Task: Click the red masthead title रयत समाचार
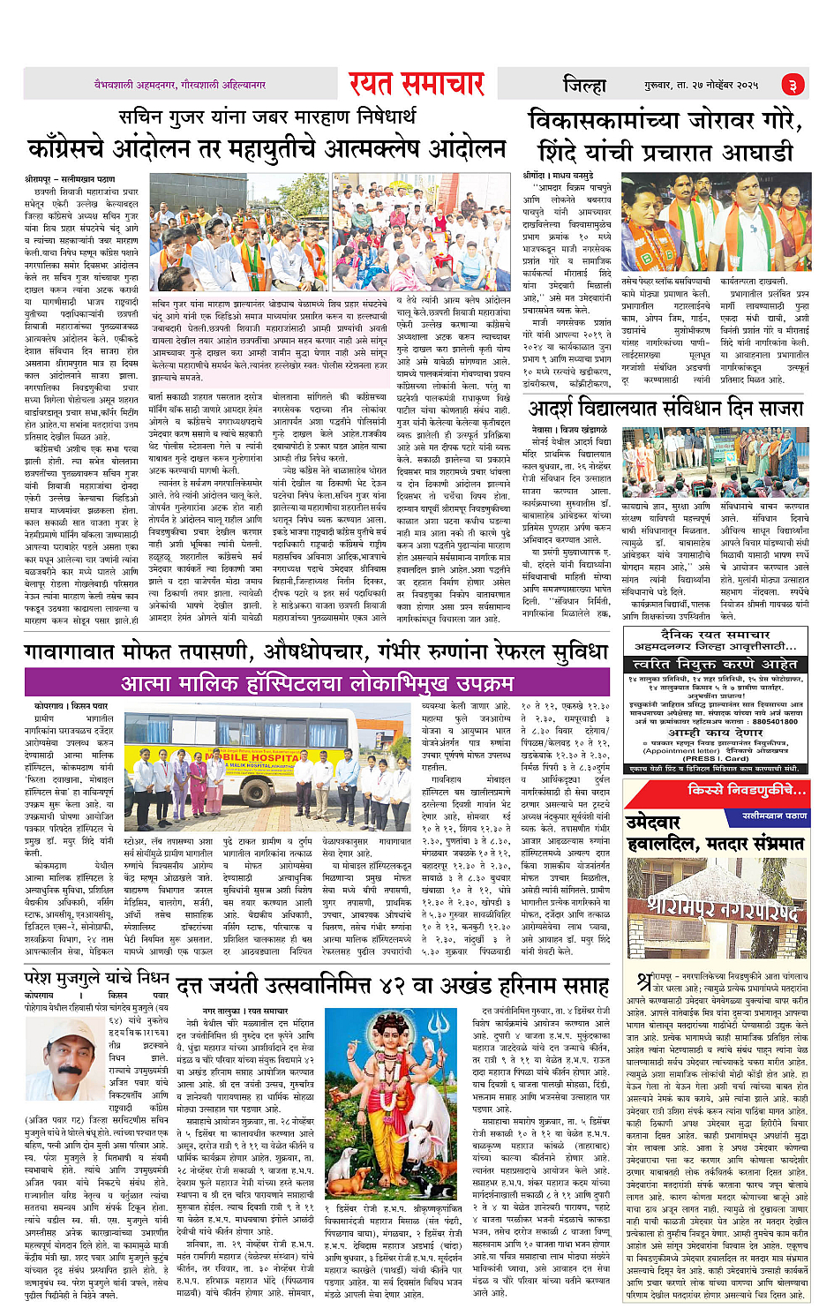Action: (416, 84)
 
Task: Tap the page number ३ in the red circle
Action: (793, 85)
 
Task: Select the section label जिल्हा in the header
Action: (585, 85)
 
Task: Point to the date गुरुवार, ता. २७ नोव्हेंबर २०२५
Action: (701, 85)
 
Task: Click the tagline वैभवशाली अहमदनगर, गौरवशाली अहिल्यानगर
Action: (180, 85)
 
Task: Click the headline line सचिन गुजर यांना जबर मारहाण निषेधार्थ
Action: (267, 117)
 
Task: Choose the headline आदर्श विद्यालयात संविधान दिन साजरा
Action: (665, 409)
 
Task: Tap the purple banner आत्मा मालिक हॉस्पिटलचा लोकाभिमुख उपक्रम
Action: (317, 683)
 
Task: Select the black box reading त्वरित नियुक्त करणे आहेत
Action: (715, 664)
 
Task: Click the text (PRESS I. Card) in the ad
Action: (712, 757)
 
